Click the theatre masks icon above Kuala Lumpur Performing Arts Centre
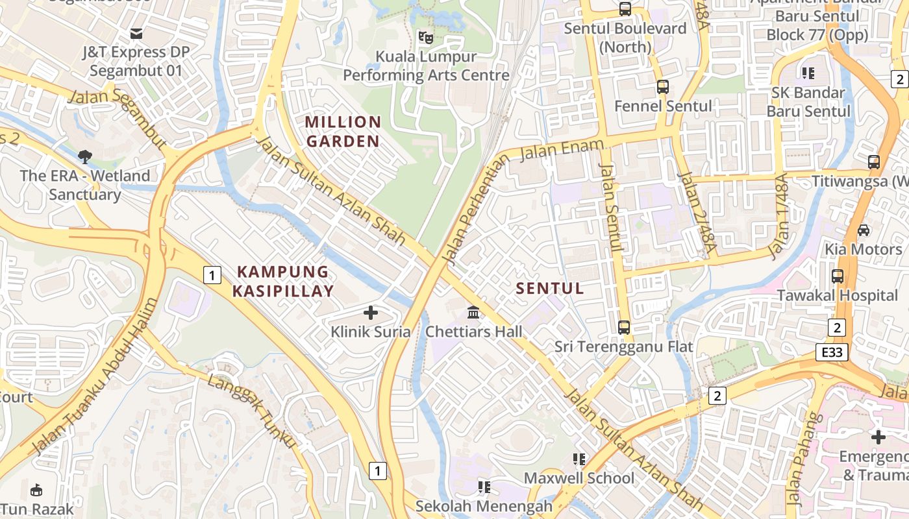click(x=425, y=37)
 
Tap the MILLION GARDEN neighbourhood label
click(x=343, y=131)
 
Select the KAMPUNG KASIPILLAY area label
click(x=283, y=281)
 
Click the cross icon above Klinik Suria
click(x=371, y=313)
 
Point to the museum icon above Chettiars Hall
click(x=474, y=313)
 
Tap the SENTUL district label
click(x=550, y=289)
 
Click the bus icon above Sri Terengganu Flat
click(x=624, y=328)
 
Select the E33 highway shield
click(x=832, y=352)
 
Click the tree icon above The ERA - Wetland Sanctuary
click(x=84, y=156)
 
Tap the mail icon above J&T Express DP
click(x=136, y=33)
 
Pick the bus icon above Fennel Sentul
click(x=663, y=87)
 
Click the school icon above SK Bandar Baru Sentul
click(x=808, y=73)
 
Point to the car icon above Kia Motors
click(x=864, y=230)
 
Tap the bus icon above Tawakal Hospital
click(x=838, y=276)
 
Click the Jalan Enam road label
click(x=562, y=149)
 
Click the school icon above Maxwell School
click(x=579, y=459)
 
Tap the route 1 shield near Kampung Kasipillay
click(x=211, y=275)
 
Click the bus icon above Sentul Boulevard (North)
click(x=625, y=9)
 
